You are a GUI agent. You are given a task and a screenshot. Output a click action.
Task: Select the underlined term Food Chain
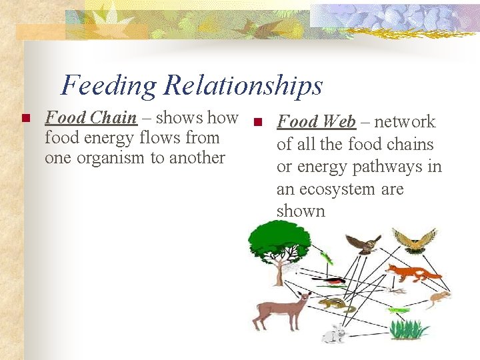(91, 118)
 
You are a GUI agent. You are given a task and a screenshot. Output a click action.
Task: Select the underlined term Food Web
(316, 122)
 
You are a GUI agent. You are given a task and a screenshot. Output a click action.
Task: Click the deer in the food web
(284, 310)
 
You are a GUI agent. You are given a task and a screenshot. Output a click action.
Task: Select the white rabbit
(334, 333)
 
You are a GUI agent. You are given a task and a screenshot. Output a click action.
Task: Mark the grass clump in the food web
(408, 329)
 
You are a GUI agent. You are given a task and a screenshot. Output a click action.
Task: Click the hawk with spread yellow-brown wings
(415, 240)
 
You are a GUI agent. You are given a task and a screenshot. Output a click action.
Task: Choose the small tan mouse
(439, 298)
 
